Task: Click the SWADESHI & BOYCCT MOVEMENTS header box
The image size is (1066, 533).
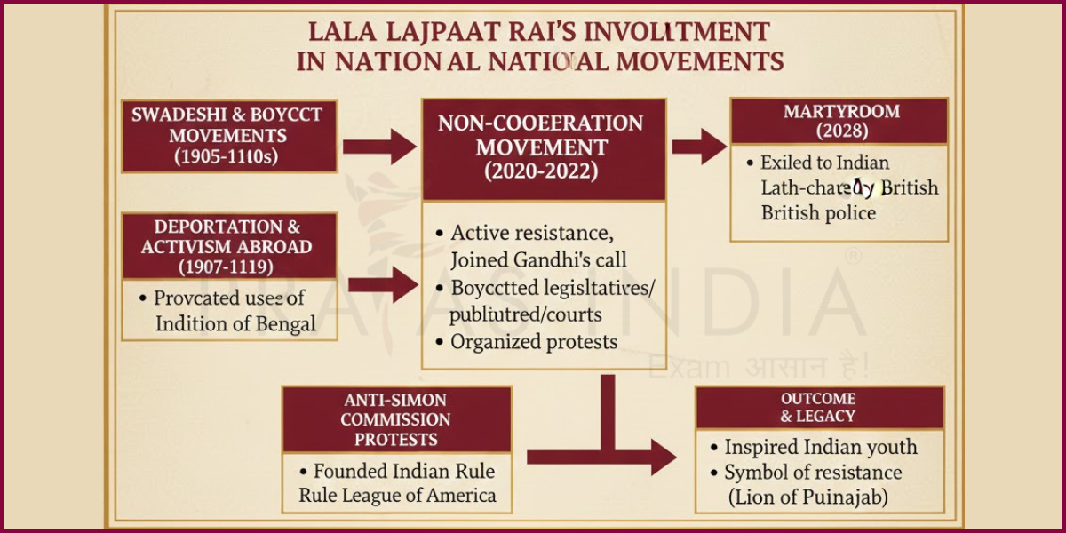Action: [x=229, y=136]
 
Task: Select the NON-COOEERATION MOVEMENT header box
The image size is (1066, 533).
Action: [x=543, y=148]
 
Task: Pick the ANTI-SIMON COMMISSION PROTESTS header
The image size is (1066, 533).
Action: [x=396, y=419]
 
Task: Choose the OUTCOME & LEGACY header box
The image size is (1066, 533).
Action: [x=818, y=407]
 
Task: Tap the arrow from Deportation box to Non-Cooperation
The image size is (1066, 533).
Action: [x=383, y=284]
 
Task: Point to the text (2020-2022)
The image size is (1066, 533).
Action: [x=543, y=172]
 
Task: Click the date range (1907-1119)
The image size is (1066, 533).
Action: [x=229, y=266]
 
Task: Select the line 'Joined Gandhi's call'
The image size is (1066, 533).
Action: [x=538, y=259]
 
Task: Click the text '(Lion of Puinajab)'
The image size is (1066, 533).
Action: [x=807, y=497]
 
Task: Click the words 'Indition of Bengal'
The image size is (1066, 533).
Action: [x=235, y=323]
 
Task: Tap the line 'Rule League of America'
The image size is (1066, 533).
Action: [x=397, y=495]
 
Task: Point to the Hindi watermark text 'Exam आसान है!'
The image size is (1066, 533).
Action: [x=759, y=365]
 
